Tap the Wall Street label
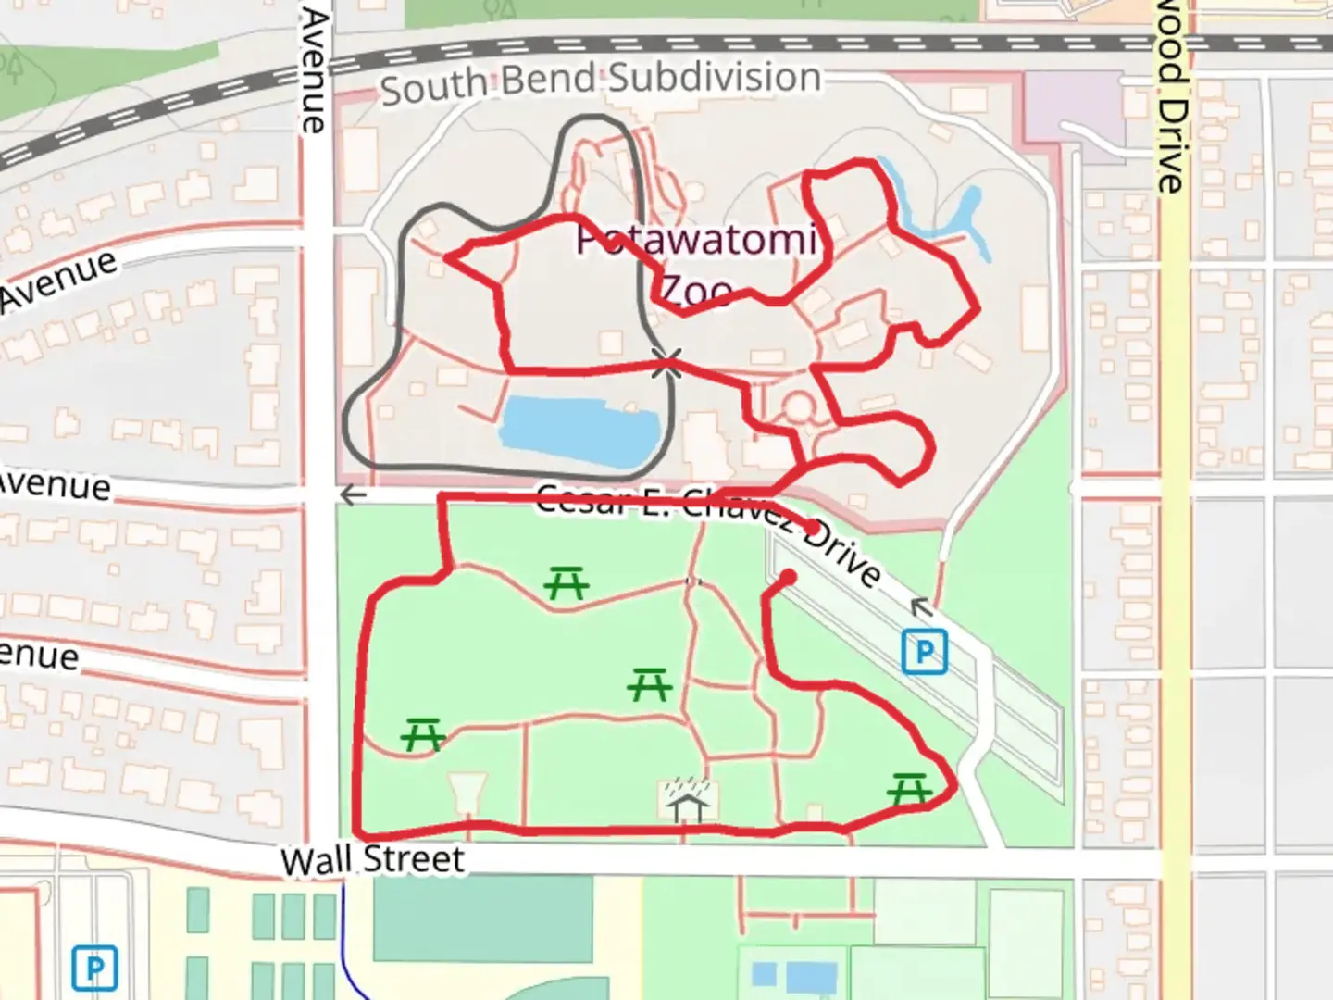pyautogui.click(x=372, y=859)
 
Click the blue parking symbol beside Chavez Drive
pyautogui.click(x=924, y=652)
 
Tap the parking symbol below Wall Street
pyautogui.click(x=94, y=967)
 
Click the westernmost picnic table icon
pyautogui.click(x=423, y=736)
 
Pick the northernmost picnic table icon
pyautogui.click(x=567, y=583)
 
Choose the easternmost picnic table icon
pyautogui.click(x=909, y=789)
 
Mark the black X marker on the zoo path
pyautogui.click(x=666, y=364)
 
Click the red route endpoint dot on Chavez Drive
pyautogui.click(x=812, y=528)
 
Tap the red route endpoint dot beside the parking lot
pyautogui.click(x=788, y=577)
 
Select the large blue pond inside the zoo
pyautogui.click(x=579, y=431)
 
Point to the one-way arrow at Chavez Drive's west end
pyautogui.click(x=352, y=495)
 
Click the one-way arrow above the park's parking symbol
pyautogui.click(x=919, y=607)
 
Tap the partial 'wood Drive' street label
pyautogui.click(x=1170, y=97)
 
